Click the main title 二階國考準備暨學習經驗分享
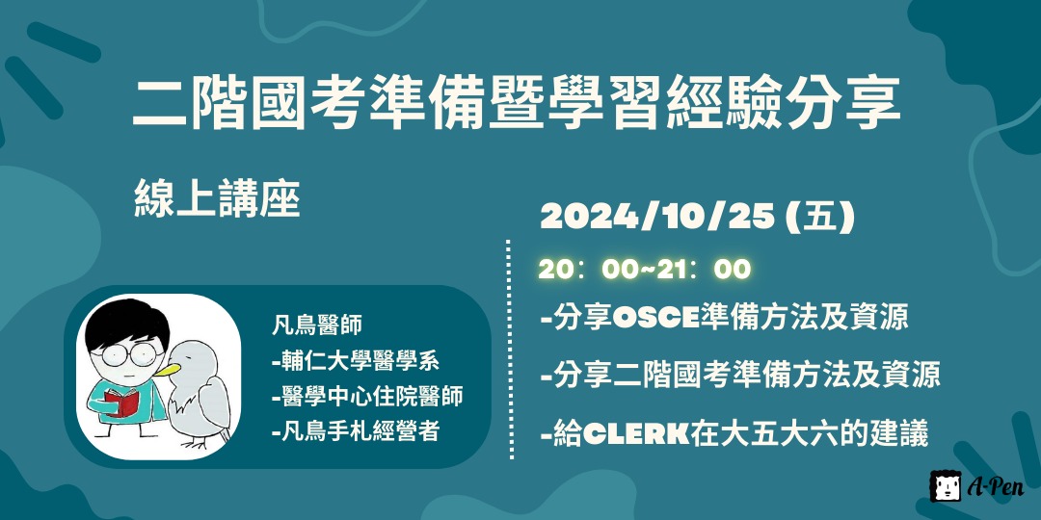click(517, 103)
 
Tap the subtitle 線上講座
click(218, 199)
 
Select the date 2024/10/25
click(657, 218)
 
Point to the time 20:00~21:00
click(644, 270)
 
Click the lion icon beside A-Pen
click(945, 486)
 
